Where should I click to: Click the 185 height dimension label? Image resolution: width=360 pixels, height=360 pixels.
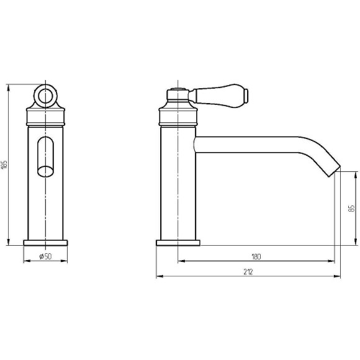[x=4, y=165]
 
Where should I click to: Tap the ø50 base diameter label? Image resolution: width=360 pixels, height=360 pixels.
[x=45, y=256]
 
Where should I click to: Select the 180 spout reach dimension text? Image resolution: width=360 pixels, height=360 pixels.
[x=256, y=256]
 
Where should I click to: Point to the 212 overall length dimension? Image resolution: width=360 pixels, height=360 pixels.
[x=248, y=272]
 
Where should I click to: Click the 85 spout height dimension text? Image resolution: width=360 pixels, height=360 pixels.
[x=351, y=209]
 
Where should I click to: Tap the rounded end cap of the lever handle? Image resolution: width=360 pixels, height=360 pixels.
[x=246, y=95]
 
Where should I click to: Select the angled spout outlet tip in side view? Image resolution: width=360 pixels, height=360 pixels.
[x=333, y=171]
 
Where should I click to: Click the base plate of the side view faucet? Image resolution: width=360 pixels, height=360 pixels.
[x=178, y=243]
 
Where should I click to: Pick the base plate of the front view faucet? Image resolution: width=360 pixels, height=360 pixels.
[x=45, y=243]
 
